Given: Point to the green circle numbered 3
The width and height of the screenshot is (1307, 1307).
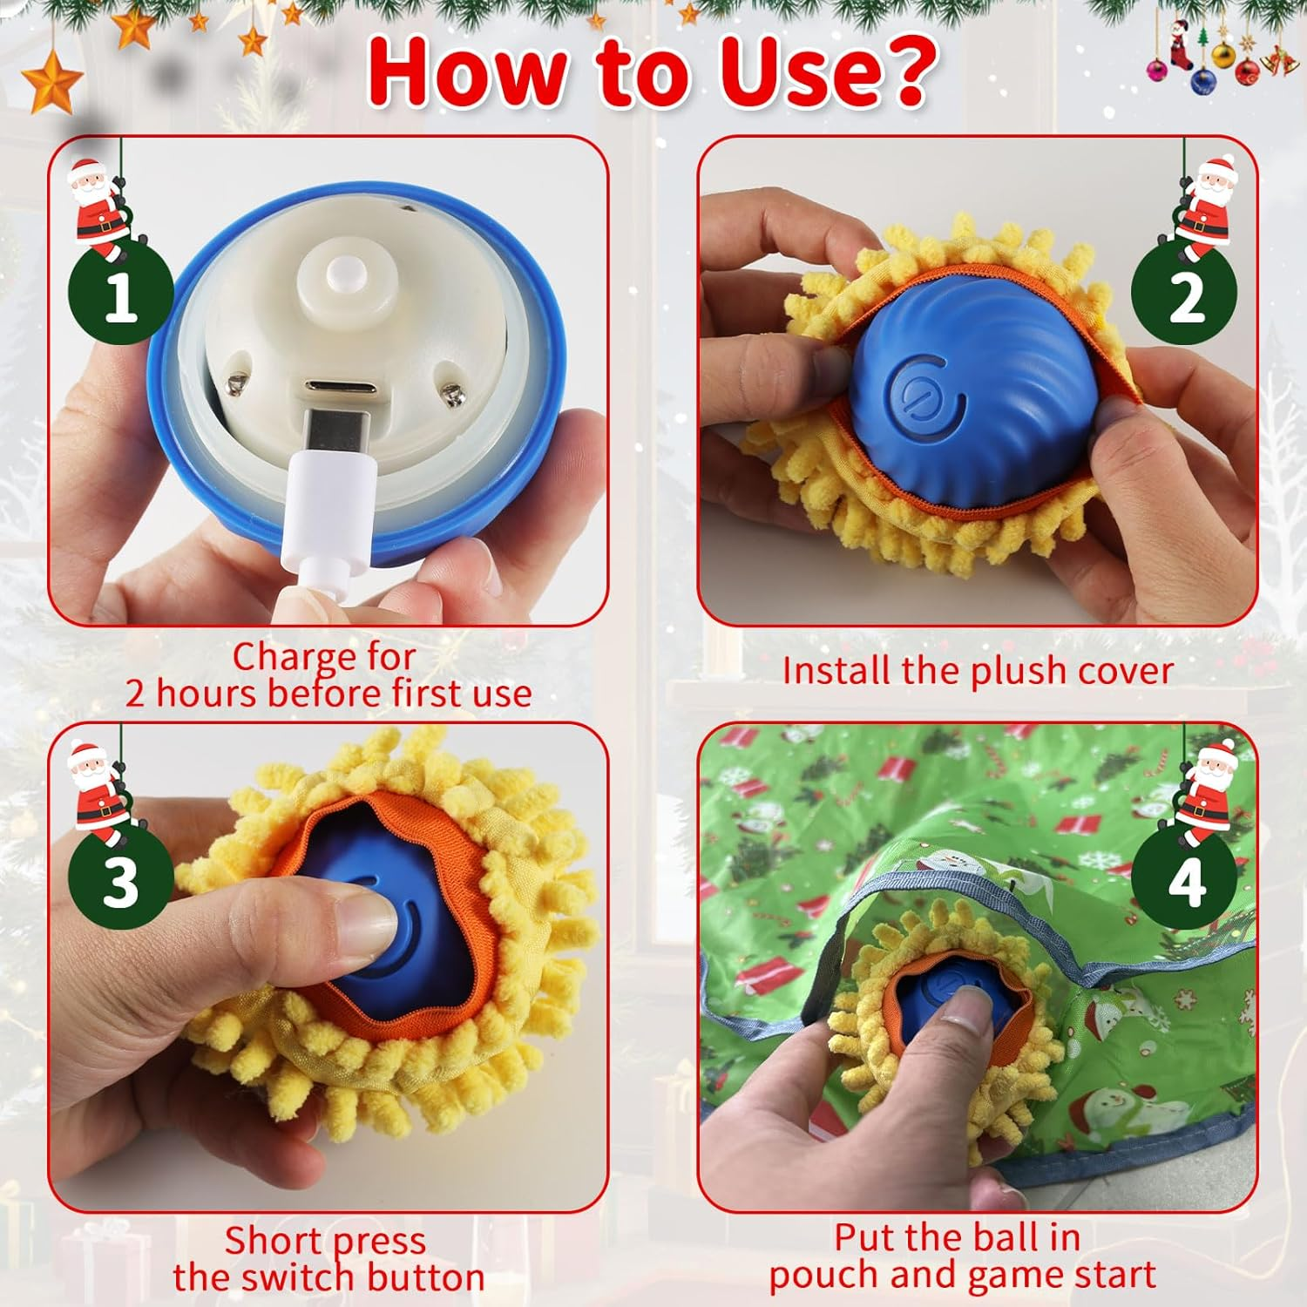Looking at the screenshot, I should pos(120,882).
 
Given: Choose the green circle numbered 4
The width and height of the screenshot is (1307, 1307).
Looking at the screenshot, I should pos(1184,882).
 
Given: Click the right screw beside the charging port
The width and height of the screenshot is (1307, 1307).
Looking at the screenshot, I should pos(451,394).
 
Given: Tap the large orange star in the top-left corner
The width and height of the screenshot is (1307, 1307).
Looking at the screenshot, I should pos(52,83).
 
